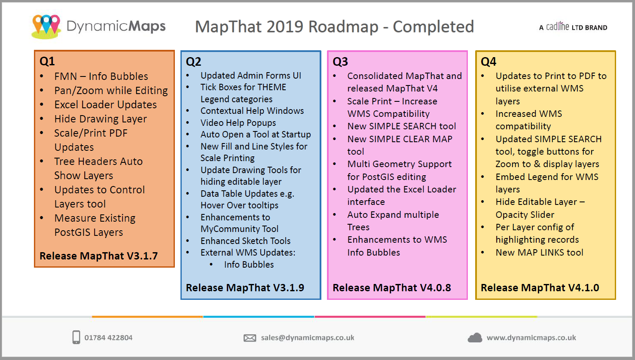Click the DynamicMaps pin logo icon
[x=46, y=26]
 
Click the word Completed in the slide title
[x=433, y=27]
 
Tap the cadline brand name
[x=557, y=27]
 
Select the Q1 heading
[x=47, y=61]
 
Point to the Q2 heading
[x=193, y=61]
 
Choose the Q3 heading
[x=340, y=61]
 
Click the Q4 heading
[x=488, y=61]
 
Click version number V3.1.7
[x=142, y=256]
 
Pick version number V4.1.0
[x=583, y=288]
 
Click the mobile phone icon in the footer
[x=76, y=337]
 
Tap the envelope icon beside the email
[x=250, y=338]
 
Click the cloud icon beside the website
[x=475, y=338]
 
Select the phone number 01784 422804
[x=108, y=338]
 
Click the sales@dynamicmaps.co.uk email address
[x=308, y=338]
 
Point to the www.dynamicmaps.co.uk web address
[x=531, y=338]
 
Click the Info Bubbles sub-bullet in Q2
[x=249, y=265]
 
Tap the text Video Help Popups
[x=238, y=123]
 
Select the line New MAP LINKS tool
[x=539, y=253]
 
